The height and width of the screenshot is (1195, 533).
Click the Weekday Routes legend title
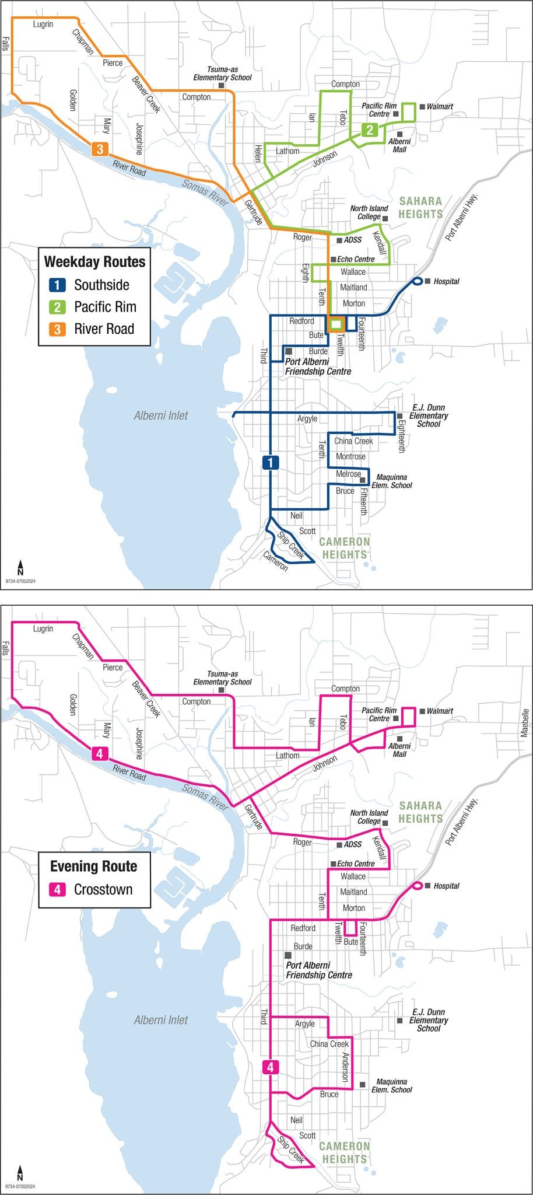(x=94, y=261)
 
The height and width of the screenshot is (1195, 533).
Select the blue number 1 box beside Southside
(x=57, y=285)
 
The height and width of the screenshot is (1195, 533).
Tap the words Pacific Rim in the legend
(x=105, y=307)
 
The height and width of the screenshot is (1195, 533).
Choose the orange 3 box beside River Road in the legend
(x=57, y=329)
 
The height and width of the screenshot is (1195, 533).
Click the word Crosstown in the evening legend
(x=103, y=889)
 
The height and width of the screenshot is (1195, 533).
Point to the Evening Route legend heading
(x=93, y=866)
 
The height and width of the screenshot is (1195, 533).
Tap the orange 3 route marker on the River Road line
(x=100, y=149)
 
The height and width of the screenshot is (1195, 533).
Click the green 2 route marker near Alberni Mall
(x=370, y=130)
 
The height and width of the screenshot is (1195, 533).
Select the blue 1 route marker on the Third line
(x=271, y=463)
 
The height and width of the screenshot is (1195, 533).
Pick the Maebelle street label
(x=525, y=723)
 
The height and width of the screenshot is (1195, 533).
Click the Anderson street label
(x=345, y=1068)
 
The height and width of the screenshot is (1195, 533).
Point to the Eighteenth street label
(x=401, y=433)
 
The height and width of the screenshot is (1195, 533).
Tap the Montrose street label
(x=350, y=456)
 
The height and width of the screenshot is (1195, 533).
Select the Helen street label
(x=257, y=153)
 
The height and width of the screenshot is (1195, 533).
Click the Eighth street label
(x=305, y=272)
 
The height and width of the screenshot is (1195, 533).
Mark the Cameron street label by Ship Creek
(x=275, y=561)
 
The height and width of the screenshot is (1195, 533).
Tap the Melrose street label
(x=348, y=474)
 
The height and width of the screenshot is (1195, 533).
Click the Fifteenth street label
(x=363, y=501)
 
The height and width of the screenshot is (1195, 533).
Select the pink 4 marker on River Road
(x=100, y=754)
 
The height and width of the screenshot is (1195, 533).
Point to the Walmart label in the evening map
(x=440, y=711)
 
